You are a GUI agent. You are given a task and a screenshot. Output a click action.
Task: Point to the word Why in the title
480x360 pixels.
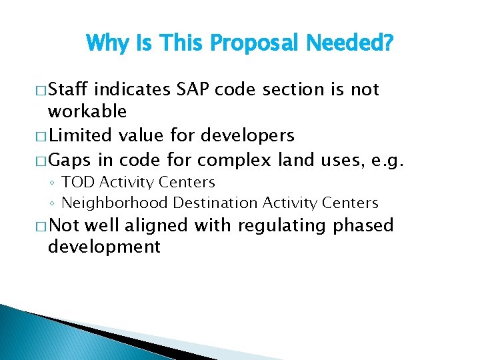click(106, 44)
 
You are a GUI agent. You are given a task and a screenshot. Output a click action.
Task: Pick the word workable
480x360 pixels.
click(87, 111)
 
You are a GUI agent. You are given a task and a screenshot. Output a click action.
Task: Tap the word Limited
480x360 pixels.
click(80, 135)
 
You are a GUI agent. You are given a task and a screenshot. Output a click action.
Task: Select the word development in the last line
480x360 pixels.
click(104, 247)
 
